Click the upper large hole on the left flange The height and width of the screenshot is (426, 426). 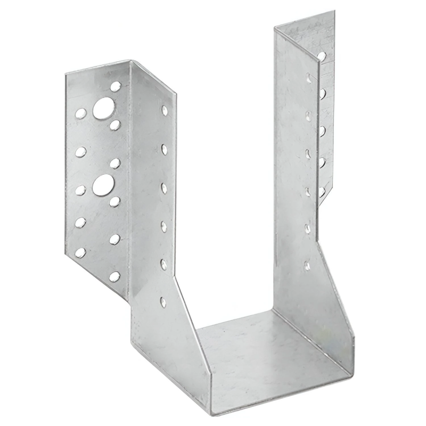[104, 108]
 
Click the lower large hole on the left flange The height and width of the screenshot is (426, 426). [103, 184]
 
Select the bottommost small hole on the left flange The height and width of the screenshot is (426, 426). [114, 276]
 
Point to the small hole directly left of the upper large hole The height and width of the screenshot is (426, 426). [80, 113]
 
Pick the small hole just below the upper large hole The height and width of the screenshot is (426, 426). [115, 125]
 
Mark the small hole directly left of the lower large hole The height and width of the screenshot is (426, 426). [80, 190]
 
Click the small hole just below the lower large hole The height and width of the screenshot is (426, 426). [114, 201]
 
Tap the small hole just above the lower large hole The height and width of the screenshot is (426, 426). [115, 163]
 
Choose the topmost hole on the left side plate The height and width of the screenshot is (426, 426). [165, 110]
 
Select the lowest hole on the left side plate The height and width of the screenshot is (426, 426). [163, 302]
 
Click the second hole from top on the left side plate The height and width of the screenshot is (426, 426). [164, 149]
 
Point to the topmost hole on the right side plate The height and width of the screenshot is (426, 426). [308, 78]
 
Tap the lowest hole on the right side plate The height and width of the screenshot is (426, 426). [307, 265]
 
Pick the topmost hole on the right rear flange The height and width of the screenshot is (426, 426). [322, 55]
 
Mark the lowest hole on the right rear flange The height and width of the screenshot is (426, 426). [322, 190]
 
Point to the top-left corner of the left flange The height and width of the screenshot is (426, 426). [66, 73]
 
